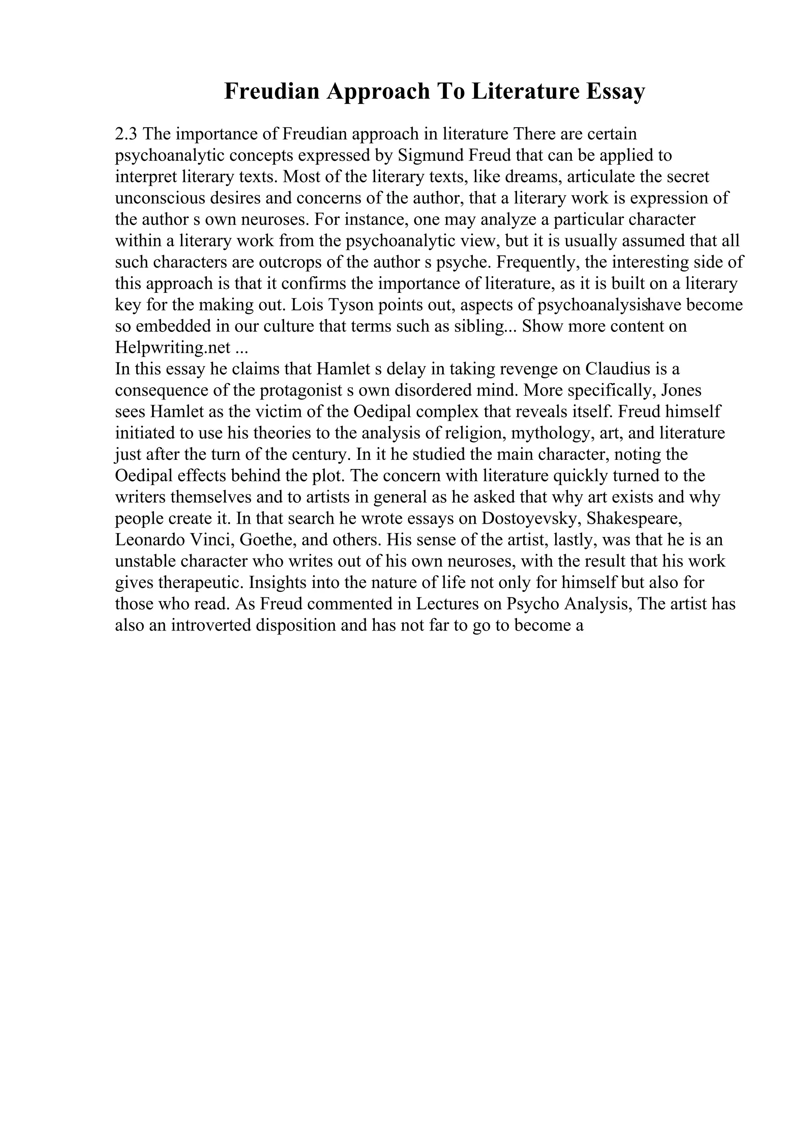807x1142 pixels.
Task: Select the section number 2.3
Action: (126, 134)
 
